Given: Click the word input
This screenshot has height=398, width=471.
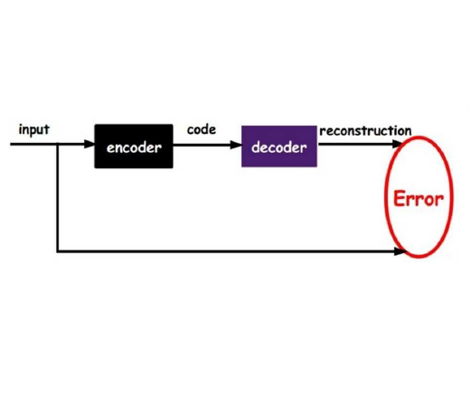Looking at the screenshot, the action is [x=34, y=129].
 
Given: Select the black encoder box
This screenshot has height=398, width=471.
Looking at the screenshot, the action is [x=134, y=147].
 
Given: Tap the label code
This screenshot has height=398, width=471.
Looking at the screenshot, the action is [x=202, y=129].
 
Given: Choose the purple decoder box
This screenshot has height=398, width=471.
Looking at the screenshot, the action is [x=279, y=147].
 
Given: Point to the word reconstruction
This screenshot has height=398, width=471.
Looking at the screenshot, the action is [x=365, y=131].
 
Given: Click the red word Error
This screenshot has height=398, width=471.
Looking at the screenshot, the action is [x=419, y=199].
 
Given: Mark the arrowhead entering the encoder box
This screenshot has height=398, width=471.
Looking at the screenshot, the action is [x=89, y=144].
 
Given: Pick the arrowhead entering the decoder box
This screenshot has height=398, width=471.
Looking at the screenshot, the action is [x=236, y=145].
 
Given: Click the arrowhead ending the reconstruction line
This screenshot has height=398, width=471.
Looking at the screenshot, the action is [x=398, y=144].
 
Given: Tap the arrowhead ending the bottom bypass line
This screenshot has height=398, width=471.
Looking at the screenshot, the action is [x=400, y=251].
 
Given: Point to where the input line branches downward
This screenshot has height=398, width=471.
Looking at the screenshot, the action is [x=57, y=144].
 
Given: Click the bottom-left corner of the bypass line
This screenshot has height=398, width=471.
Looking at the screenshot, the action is [x=57, y=251].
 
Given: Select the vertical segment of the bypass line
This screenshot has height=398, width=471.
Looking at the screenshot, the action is [x=57, y=197].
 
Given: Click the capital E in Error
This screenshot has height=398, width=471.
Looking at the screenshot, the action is [x=399, y=198].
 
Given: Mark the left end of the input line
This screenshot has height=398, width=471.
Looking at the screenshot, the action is [x=11, y=144].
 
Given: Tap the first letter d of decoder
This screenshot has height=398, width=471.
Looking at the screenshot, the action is [x=256, y=147].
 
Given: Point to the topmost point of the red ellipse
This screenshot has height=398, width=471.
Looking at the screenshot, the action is [x=419, y=137].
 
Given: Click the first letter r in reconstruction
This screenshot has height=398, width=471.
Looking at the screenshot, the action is [x=322, y=132].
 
